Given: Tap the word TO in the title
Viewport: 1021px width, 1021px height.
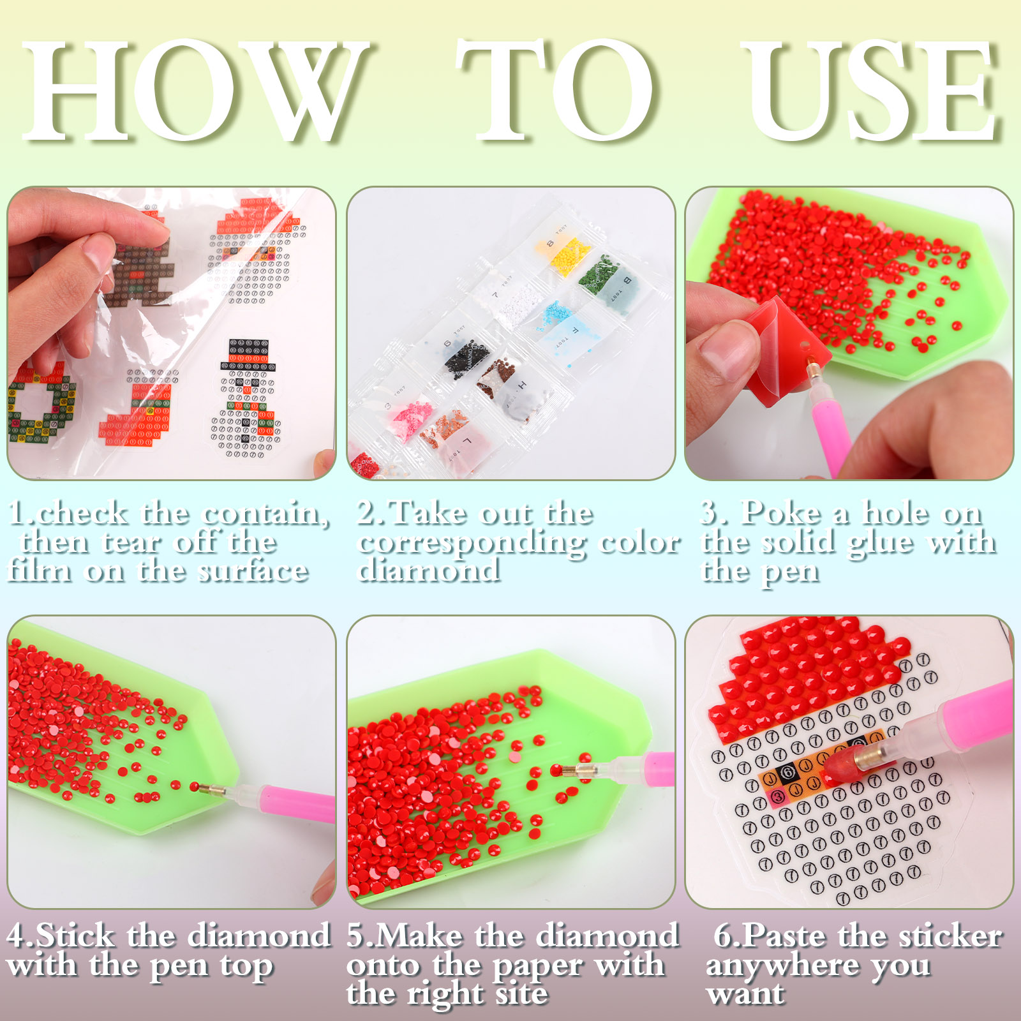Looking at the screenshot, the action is point(555,91).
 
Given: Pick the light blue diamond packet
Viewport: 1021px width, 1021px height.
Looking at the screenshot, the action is point(562,329).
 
